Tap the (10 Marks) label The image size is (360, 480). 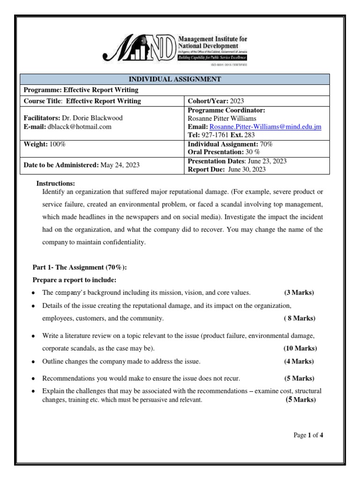300,348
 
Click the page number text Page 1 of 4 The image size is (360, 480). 308,435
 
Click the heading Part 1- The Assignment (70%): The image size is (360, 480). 79,267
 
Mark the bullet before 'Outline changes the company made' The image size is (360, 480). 34,362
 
